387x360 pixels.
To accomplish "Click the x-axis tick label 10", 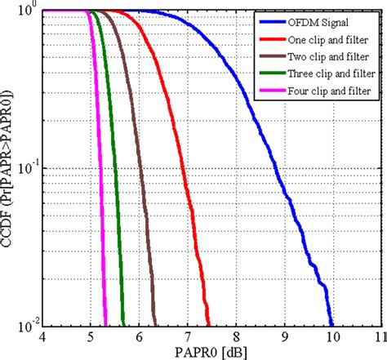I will (x=331, y=336).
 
